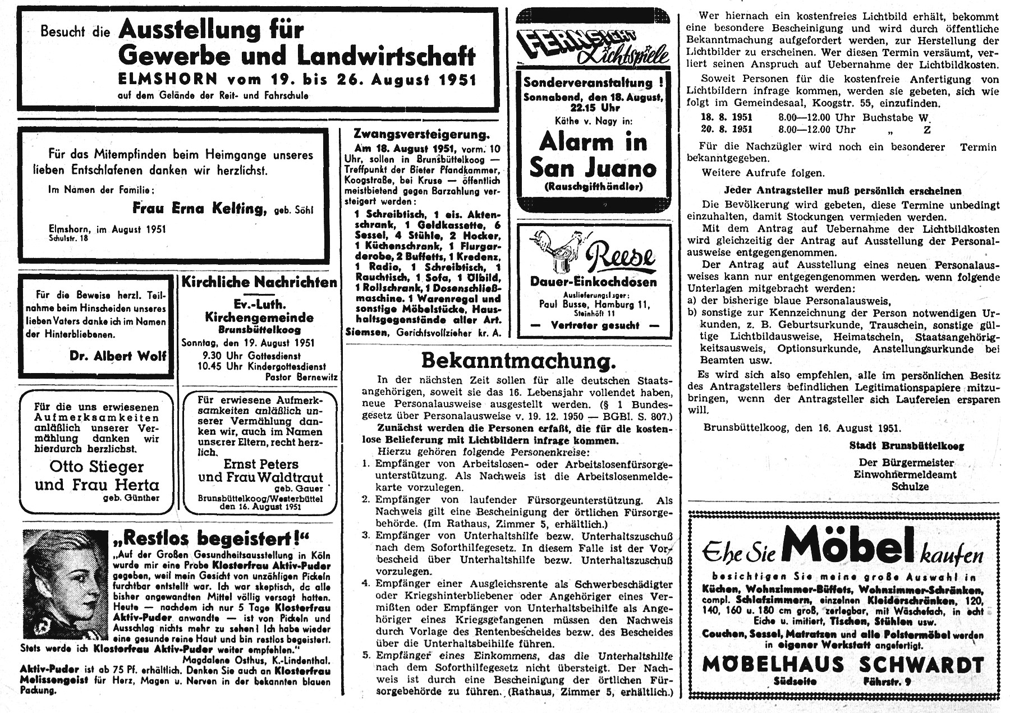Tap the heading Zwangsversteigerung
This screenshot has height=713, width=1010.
pyautogui.click(x=421, y=134)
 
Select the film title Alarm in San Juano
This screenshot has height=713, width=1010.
pyautogui.click(x=593, y=155)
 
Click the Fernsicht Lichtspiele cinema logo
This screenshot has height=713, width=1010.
pyautogui.click(x=593, y=46)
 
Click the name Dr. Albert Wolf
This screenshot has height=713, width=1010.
pyautogui.click(x=118, y=356)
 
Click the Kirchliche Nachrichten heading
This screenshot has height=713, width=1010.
pyautogui.click(x=259, y=282)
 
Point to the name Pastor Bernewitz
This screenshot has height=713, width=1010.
pyautogui.click(x=301, y=377)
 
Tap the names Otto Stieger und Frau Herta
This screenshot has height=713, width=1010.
pyautogui.click(x=97, y=475)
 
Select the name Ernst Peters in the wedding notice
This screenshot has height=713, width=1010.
pyautogui.click(x=261, y=464)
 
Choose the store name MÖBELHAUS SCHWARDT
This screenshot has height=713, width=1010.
pyautogui.click(x=843, y=665)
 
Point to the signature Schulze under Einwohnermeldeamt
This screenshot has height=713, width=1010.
pyautogui.click(x=910, y=486)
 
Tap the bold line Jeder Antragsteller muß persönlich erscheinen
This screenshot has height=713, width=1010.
pyautogui.click(x=842, y=191)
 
